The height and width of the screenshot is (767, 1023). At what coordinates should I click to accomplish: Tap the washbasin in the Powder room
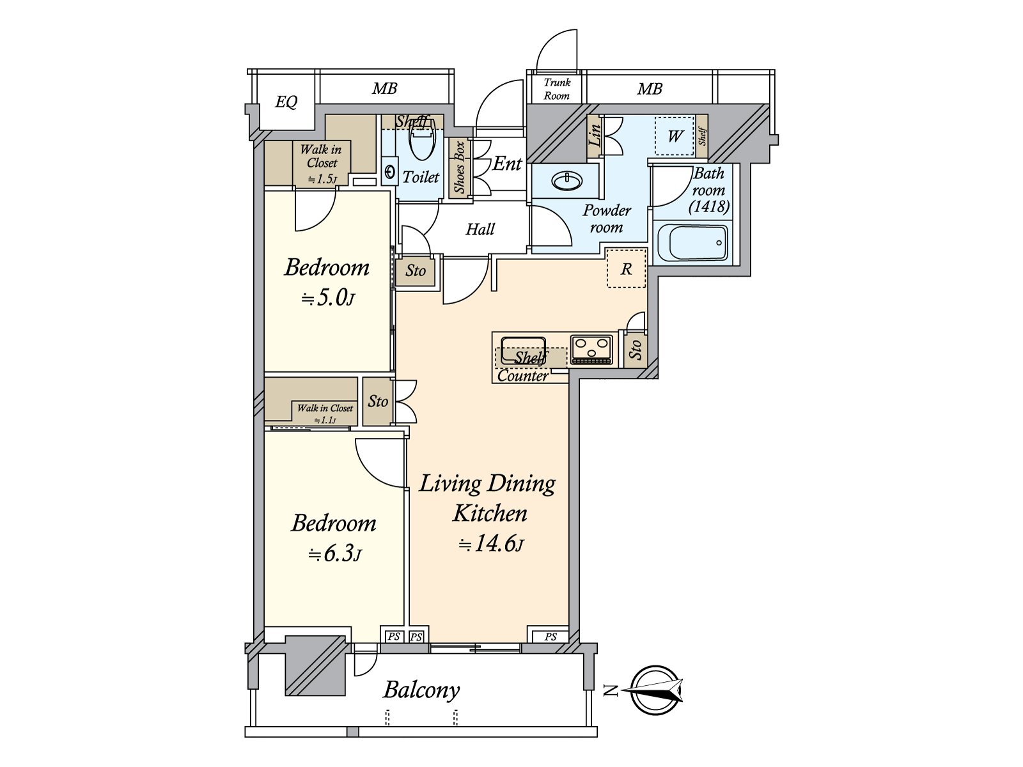click(566, 180)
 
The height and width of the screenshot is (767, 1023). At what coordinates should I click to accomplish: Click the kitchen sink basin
click(522, 349)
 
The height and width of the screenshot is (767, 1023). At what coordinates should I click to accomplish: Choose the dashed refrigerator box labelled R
click(627, 268)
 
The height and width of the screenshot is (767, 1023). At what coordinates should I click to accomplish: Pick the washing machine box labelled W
click(675, 136)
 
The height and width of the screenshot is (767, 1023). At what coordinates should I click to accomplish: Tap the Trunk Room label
click(556, 89)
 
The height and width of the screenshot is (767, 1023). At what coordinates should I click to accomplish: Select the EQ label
click(286, 102)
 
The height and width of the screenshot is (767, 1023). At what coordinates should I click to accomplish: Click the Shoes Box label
click(460, 167)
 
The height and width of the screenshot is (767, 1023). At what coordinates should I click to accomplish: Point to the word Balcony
click(421, 690)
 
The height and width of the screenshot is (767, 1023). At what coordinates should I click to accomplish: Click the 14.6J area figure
click(491, 543)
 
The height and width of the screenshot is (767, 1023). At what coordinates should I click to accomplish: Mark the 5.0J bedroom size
click(327, 298)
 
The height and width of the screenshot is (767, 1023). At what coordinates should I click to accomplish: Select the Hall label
click(480, 229)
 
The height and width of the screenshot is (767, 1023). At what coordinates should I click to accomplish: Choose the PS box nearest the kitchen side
click(551, 636)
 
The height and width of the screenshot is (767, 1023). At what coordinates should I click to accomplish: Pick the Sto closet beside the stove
click(635, 349)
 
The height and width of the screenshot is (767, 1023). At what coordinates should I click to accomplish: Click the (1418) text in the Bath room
click(709, 206)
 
